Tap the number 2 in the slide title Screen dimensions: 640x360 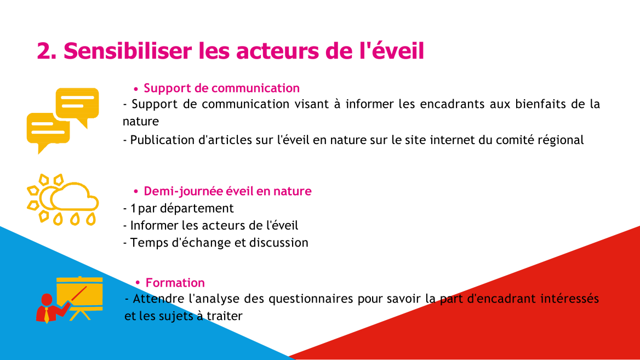click(44, 51)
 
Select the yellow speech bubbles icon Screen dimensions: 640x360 click(63, 121)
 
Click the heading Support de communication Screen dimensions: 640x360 click(221, 88)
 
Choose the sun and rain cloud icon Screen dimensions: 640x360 click(62, 199)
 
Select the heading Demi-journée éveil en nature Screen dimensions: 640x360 click(227, 191)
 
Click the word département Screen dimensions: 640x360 click(197, 209)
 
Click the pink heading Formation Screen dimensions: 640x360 click(175, 282)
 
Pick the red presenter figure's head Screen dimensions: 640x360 click(47, 300)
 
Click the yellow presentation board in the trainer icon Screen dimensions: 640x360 click(79, 293)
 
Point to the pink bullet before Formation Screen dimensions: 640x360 click(138, 282)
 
